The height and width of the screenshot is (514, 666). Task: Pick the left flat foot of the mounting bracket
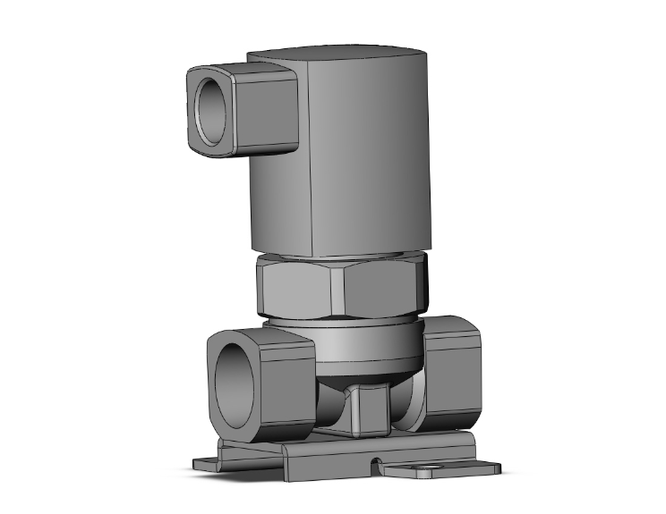[x=210, y=464]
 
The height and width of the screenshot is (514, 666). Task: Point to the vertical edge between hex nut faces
[x=338, y=291]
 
